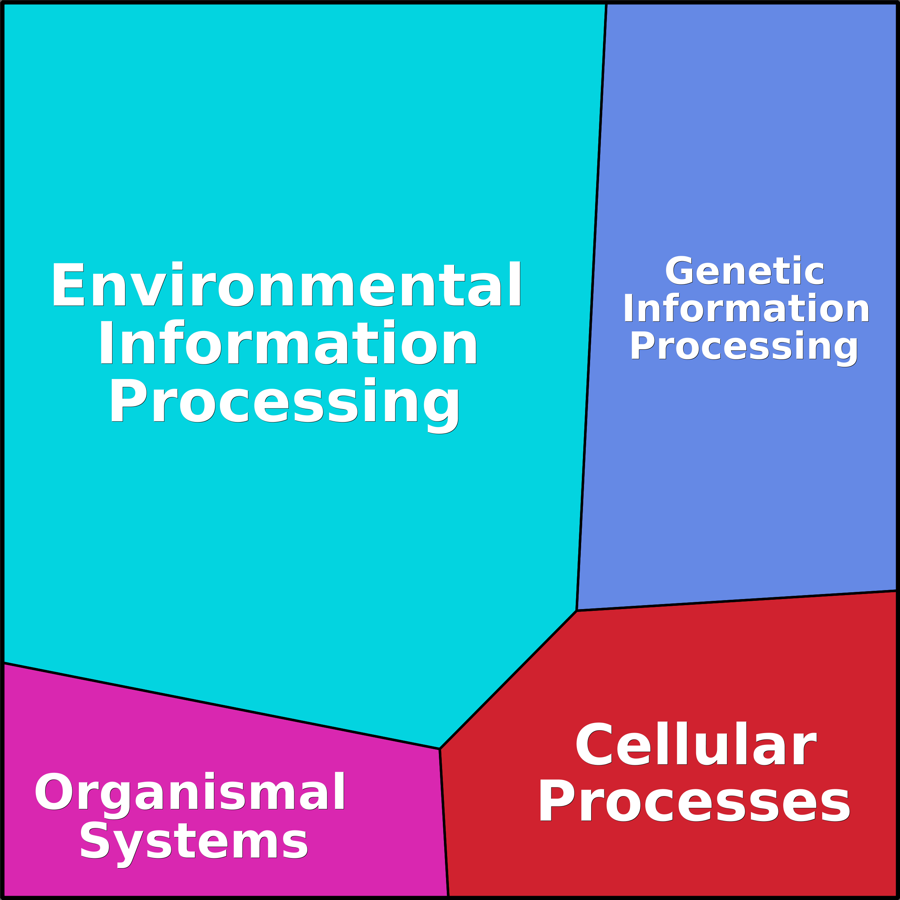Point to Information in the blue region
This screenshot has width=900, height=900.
[x=746, y=308]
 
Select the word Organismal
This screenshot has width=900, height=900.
[x=190, y=791]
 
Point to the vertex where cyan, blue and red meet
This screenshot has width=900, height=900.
[x=577, y=611]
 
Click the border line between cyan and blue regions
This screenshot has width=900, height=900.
[x=592, y=307]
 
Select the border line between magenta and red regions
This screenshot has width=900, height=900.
[x=444, y=822]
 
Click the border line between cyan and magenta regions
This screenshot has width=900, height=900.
[x=221, y=706]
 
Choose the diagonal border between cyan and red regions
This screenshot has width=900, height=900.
[x=508, y=680]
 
